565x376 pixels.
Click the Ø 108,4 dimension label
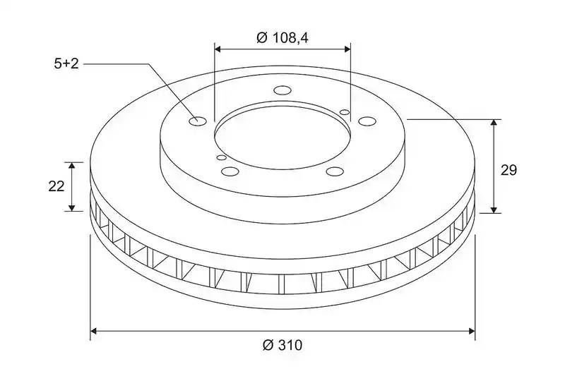(282, 37)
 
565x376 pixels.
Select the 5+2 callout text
(66, 64)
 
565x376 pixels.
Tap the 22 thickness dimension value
(56, 186)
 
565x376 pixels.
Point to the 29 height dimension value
(509, 170)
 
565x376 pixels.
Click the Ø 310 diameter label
(282, 345)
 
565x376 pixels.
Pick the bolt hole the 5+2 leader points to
(198, 121)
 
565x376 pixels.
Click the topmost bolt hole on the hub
(282, 90)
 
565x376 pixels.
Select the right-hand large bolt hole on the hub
(367, 121)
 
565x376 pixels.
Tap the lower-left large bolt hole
(230, 171)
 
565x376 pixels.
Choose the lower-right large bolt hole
(335, 171)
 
